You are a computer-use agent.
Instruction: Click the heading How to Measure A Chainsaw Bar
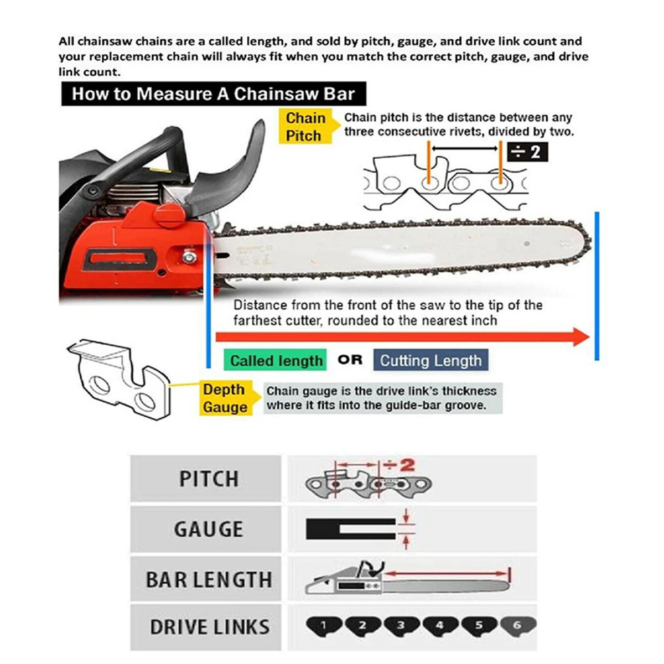point(213,94)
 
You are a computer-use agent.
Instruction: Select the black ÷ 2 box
point(527,151)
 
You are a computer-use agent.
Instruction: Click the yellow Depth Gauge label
point(225,398)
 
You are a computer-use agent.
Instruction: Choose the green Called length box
point(276,361)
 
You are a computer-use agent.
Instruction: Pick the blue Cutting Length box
point(430,361)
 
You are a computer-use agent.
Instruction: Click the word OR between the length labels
point(350,360)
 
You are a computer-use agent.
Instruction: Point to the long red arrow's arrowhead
point(581,336)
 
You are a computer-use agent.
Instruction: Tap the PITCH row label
point(209,479)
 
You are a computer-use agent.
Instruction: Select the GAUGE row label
point(209,530)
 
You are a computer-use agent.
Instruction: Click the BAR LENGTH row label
point(209,580)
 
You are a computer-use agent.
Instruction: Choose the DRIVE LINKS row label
point(210,627)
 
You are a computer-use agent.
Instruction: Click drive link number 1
point(324,626)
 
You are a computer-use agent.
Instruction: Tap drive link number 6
point(517,626)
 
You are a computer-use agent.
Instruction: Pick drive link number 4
point(440,626)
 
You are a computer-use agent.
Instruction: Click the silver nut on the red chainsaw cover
point(189,256)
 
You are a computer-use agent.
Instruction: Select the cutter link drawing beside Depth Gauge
point(119,376)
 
